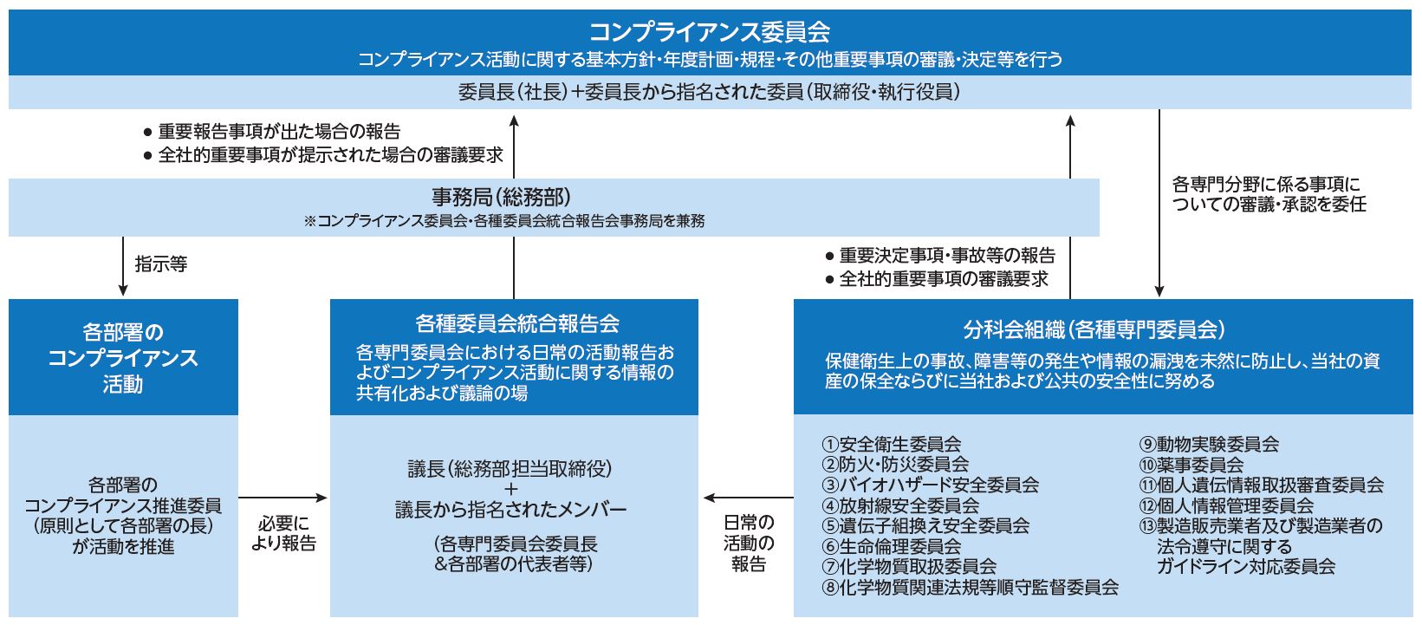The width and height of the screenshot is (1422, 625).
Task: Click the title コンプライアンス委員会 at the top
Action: [710, 32]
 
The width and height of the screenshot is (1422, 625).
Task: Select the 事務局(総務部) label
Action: [502, 198]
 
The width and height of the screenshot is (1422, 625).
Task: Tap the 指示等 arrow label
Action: [161, 264]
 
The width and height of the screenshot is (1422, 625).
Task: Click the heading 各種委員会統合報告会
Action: [517, 324]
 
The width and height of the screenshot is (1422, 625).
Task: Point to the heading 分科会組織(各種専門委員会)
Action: [1094, 329]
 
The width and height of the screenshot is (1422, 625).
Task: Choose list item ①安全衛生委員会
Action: [892, 444]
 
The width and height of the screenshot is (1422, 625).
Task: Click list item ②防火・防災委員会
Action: [895, 465]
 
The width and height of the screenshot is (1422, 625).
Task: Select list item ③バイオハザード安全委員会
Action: [930, 485]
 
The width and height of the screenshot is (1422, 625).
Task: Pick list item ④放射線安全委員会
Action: [900, 505]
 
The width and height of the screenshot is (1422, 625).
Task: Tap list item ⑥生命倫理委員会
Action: [892, 546]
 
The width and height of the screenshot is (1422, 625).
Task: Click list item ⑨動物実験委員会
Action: [1209, 444]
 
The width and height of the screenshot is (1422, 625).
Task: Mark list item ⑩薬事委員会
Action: [1191, 465]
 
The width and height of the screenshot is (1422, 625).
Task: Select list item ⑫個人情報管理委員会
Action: [1226, 505]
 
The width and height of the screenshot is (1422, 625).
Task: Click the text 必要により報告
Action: [283, 533]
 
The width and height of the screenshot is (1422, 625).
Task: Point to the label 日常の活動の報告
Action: [749, 543]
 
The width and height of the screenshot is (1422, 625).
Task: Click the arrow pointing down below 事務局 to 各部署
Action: [123, 266]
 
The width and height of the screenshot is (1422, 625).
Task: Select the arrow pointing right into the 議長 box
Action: [283, 498]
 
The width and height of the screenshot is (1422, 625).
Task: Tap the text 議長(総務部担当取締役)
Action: [510, 469]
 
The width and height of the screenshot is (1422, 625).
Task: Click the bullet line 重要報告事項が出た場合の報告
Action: [272, 132]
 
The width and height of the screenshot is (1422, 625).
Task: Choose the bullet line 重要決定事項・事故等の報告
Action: [940, 256]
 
